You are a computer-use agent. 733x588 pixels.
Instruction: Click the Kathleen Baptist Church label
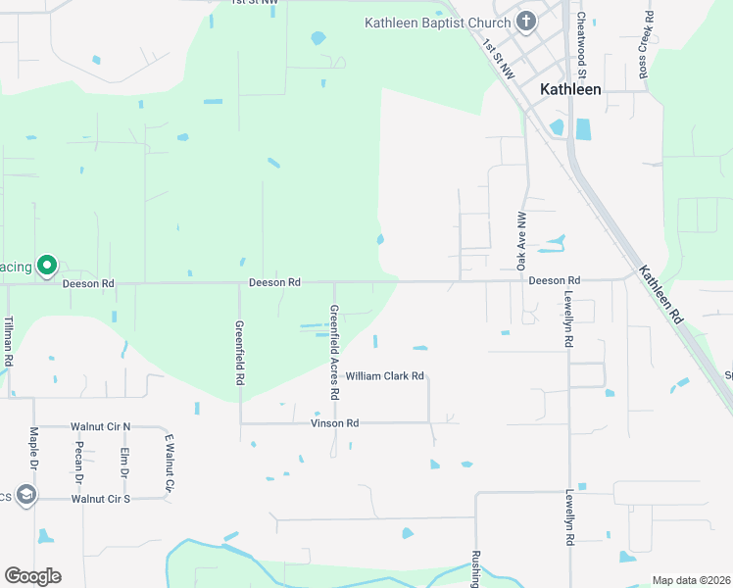click(x=438, y=23)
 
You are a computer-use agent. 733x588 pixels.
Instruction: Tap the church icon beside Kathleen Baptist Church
click(x=526, y=22)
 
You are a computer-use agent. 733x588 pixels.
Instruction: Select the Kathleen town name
click(x=571, y=88)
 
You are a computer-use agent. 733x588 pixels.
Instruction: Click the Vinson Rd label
click(x=335, y=423)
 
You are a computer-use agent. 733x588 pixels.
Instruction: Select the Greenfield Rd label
click(x=239, y=352)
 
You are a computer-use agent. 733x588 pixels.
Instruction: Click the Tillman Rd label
click(x=8, y=341)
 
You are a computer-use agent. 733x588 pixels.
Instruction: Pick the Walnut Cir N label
click(x=101, y=427)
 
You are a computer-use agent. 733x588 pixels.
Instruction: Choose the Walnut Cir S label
click(x=101, y=499)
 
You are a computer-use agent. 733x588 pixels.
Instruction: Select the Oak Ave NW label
click(x=521, y=240)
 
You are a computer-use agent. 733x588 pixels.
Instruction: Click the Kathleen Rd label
click(x=660, y=295)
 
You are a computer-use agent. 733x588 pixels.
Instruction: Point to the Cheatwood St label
click(x=581, y=45)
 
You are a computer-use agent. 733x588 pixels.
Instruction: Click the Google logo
click(x=32, y=576)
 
